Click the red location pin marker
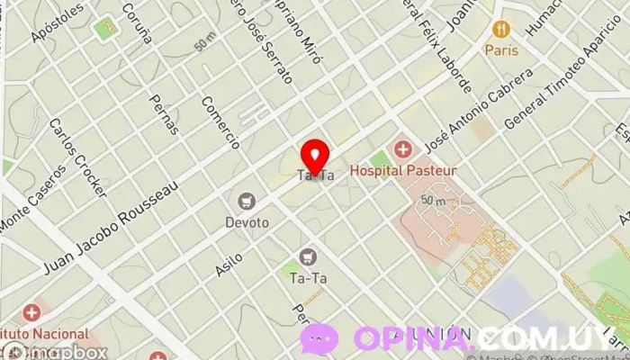(x=314, y=156)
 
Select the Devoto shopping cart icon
(x=247, y=202)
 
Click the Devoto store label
(x=247, y=222)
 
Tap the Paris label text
(x=502, y=50)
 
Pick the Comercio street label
(x=220, y=122)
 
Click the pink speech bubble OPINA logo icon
(x=319, y=339)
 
